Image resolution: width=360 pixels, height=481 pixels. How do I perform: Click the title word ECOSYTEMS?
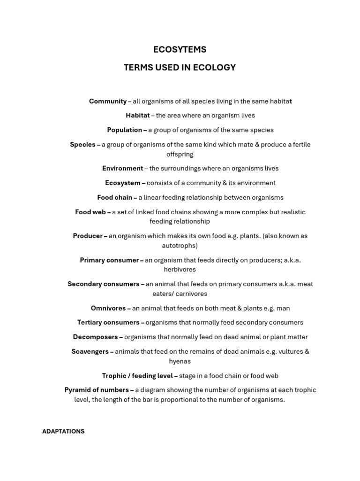click(x=180, y=49)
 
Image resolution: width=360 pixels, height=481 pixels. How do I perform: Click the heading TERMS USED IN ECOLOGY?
click(x=180, y=68)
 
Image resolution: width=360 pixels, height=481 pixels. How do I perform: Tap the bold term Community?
click(x=108, y=101)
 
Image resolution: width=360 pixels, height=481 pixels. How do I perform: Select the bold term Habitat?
click(x=137, y=115)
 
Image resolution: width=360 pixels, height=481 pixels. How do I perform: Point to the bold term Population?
click(x=124, y=130)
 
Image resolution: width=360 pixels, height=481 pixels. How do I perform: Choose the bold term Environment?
click(x=122, y=168)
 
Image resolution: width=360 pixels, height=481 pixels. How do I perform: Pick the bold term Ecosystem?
click(x=122, y=183)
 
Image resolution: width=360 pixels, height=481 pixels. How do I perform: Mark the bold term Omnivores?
click(x=108, y=308)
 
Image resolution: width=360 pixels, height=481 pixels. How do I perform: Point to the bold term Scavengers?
click(x=90, y=351)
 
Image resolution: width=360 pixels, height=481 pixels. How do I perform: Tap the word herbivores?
click(x=180, y=270)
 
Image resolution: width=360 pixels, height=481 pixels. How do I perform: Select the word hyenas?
click(x=180, y=361)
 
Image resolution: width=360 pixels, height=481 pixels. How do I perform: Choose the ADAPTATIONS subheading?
click(x=63, y=431)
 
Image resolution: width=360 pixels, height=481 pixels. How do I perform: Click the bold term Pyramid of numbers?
click(x=97, y=390)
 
